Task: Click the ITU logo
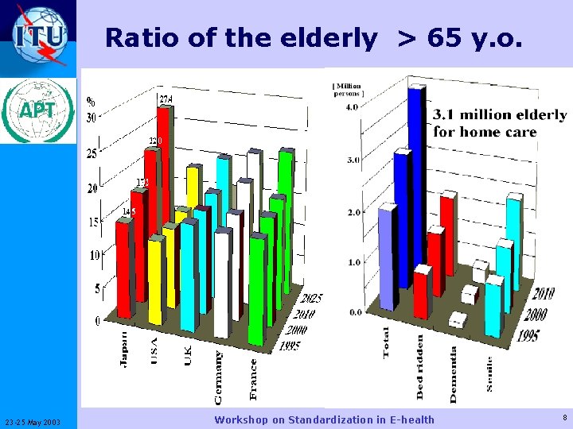[40, 35]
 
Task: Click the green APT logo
[39, 110]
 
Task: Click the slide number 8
[563, 417]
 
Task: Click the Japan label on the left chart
[123, 349]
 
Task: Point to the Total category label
[387, 342]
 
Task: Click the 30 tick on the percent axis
[92, 118]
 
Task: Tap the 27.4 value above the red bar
[166, 99]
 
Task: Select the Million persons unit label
[348, 89]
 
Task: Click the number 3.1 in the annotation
[442, 115]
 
